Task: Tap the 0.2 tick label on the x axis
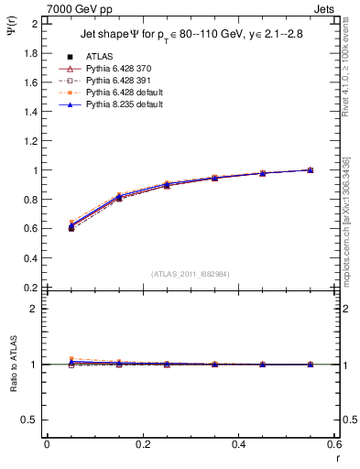142,444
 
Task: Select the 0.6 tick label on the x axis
334,444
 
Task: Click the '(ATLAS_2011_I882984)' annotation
191,273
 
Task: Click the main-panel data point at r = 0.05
71,227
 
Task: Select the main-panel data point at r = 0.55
311,169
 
